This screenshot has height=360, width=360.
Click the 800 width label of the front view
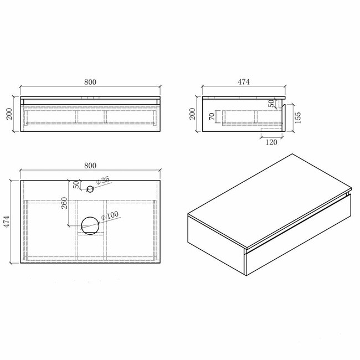pos(91,82)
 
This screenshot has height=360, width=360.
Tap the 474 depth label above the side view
pos(244,82)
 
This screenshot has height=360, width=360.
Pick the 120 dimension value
pos(271,142)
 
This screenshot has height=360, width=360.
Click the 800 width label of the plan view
pos(91,165)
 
